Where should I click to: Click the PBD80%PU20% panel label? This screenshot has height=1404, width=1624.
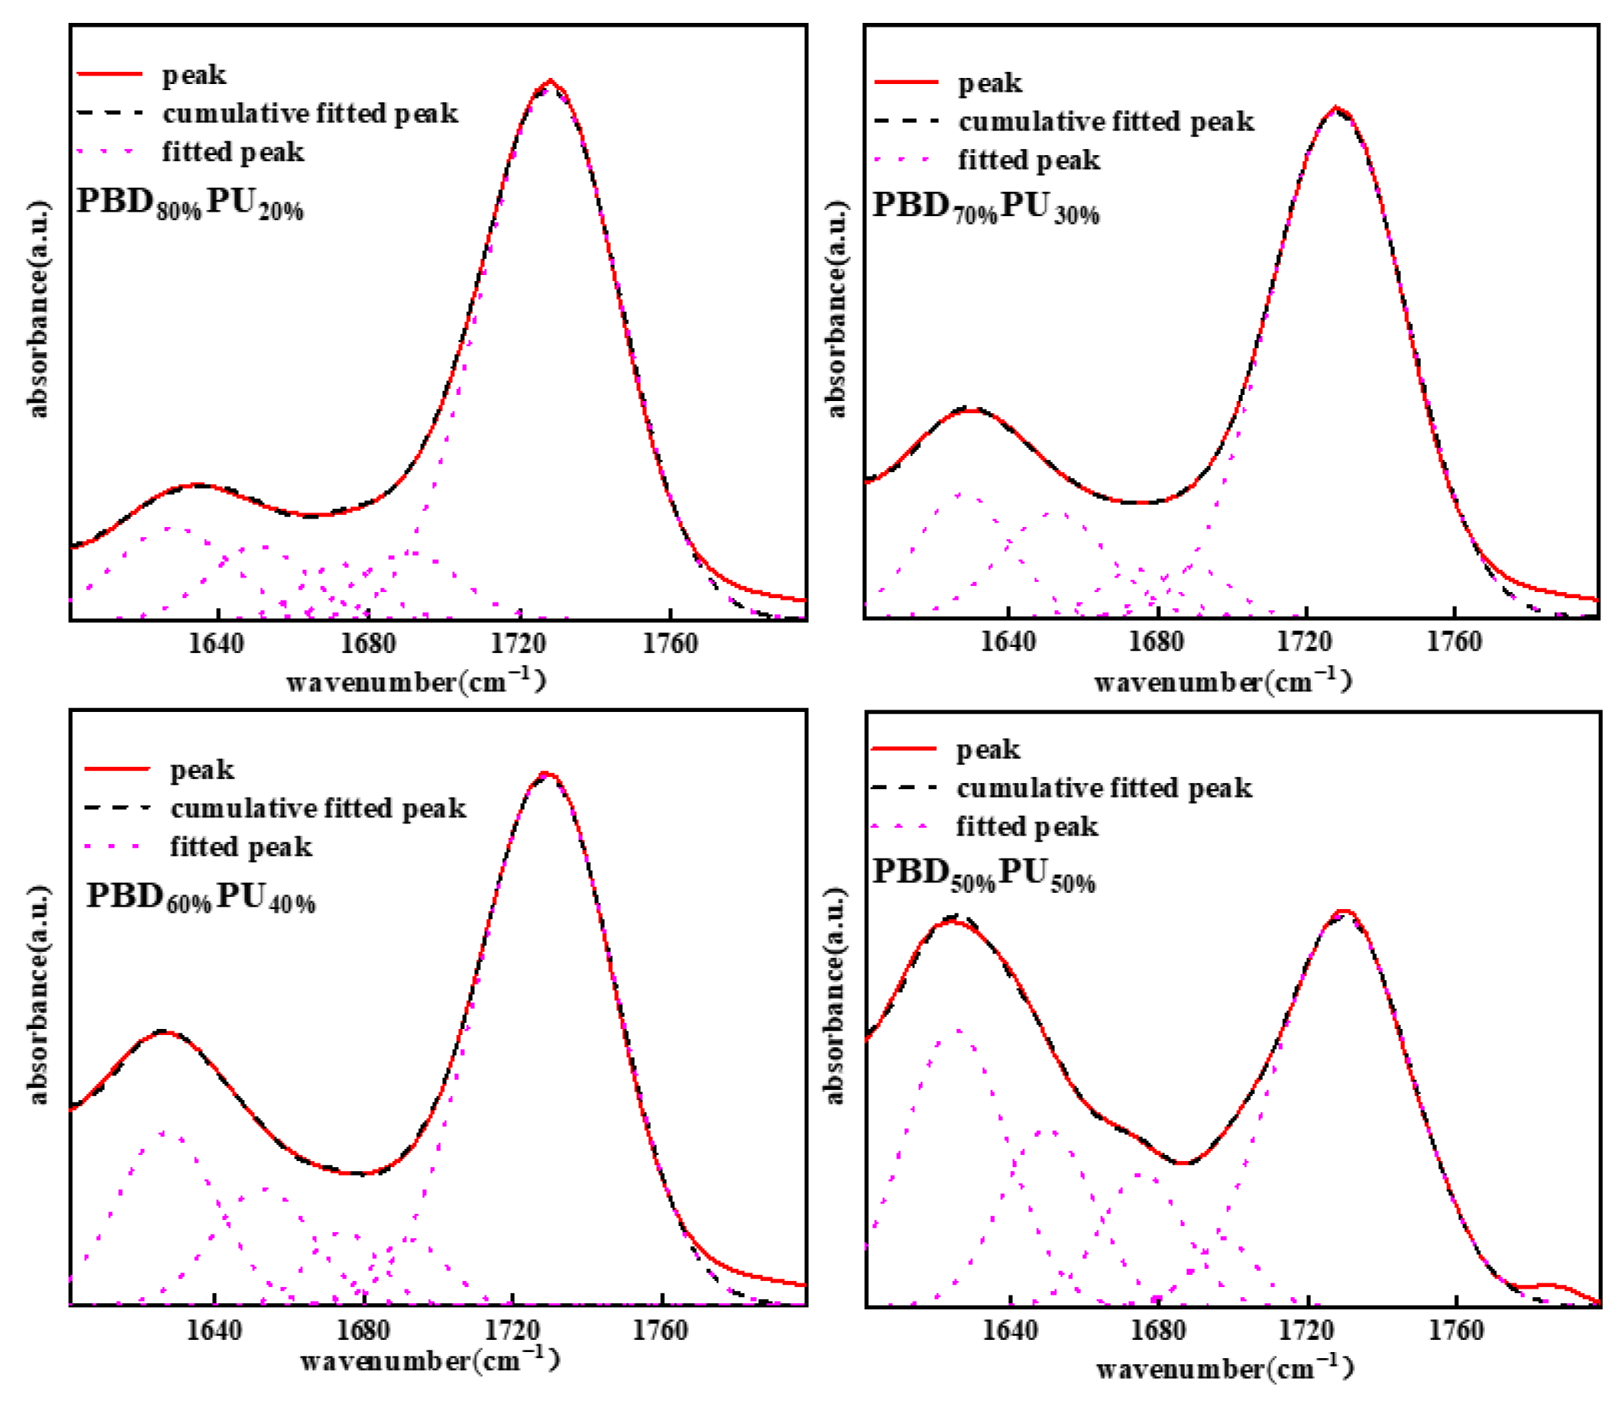click(x=190, y=203)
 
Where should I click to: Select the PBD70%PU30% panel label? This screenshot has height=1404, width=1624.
click(x=985, y=208)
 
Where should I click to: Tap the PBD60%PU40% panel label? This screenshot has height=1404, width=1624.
click(x=201, y=897)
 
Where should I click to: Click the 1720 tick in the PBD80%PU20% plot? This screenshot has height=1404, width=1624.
click(x=518, y=644)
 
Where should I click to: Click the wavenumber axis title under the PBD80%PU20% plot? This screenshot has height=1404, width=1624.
click(x=416, y=681)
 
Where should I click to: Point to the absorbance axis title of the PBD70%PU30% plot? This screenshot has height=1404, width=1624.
click(x=836, y=309)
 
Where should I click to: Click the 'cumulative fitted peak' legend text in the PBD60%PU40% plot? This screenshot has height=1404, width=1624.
click(x=318, y=807)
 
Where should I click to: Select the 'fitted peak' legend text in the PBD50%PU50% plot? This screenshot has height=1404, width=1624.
click(x=1027, y=827)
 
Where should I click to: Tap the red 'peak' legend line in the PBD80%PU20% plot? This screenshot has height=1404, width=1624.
click(x=110, y=74)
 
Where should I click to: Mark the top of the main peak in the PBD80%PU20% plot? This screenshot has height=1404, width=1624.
click(x=550, y=81)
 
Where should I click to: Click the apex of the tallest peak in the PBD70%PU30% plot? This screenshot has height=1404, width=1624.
click(x=1337, y=109)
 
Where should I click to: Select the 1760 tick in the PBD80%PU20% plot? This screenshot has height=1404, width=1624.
click(x=670, y=644)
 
